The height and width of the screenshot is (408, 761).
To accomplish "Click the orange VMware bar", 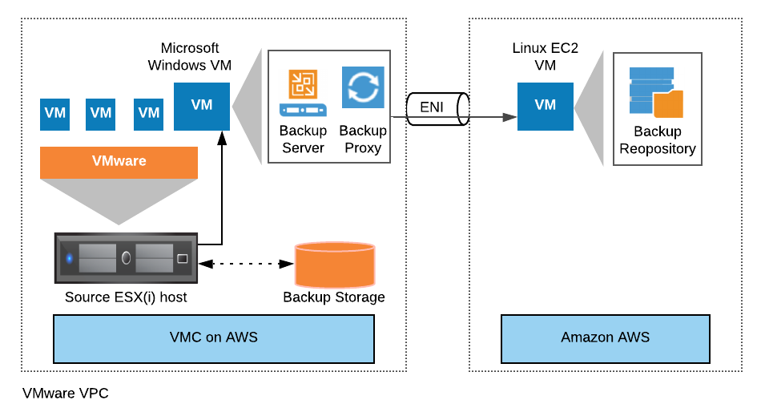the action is coord(119,162).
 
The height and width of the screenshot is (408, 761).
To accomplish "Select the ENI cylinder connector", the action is coord(437,109).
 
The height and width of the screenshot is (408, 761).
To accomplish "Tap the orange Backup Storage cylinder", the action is coord(335,265).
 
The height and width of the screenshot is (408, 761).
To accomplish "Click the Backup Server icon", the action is coord(303,93).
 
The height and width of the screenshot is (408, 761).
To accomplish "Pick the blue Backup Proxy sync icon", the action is coord(363,87).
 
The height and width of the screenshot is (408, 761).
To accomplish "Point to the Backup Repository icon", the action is coord(656,92).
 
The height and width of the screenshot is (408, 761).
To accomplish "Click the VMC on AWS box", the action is coord(214,338).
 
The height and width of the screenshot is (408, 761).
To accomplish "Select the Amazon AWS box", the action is coord(606,338).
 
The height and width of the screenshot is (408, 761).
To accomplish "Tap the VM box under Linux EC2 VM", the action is coord(545,107).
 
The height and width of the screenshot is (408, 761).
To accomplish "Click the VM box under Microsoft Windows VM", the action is coord(202,107).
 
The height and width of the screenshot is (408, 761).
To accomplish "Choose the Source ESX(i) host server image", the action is coord(127,258).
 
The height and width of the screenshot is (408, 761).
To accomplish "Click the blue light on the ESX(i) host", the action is coord(70,258).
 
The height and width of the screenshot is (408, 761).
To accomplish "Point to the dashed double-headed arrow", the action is coord(247,264).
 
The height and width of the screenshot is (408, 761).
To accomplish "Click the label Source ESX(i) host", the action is coord(126,297).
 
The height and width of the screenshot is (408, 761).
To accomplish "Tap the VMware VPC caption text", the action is coord(66,393).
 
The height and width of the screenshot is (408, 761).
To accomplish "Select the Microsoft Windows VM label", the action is coord(189,56).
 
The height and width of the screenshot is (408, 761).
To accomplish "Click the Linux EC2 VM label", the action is coord(545,56).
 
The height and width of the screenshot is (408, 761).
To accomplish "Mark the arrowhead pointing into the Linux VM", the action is coord(509,117).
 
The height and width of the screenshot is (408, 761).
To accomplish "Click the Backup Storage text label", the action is coord(334,297).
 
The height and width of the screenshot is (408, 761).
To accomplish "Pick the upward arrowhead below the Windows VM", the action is coord(222,139).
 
